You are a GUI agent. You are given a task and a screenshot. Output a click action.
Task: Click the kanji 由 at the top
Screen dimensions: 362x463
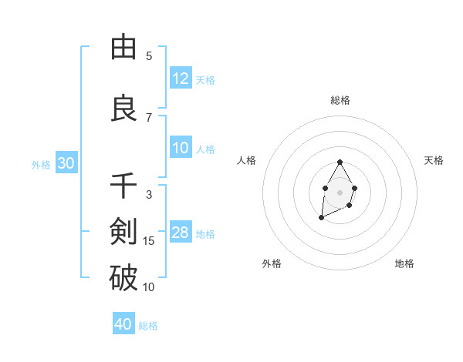click(x=123, y=47)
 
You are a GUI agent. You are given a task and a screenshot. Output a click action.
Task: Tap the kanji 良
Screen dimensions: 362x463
click(x=123, y=108)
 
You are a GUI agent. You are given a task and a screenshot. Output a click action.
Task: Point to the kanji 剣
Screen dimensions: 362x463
click(x=123, y=232)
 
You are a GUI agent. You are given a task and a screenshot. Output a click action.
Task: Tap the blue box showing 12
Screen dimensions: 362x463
click(x=181, y=79)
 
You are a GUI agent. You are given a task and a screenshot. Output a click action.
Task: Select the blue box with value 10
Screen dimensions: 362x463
click(x=181, y=149)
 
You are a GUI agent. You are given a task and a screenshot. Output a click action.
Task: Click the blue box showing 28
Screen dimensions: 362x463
click(x=181, y=233)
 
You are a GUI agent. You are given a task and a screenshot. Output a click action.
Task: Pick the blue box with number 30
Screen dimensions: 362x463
click(x=66, y=164)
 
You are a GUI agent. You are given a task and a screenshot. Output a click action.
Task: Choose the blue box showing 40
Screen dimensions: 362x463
click(x=123, y=324)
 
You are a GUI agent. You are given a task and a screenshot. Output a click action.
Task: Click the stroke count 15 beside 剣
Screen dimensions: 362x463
click(x=149, y=241)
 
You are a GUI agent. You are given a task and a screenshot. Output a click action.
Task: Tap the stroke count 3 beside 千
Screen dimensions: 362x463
click(x=149, y=195)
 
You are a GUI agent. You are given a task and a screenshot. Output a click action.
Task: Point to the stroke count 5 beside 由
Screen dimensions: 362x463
click(x=149, y=56)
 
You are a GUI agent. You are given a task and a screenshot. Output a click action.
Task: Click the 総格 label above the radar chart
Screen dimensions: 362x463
click(x=340, y=100)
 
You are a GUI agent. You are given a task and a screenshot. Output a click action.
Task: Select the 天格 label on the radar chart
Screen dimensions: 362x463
click(x=434, y=160)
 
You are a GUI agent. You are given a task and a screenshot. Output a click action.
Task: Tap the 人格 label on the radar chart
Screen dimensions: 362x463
click(x=246, y=160)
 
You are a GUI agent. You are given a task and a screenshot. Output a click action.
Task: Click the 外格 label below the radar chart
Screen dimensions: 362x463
click(x=272, y=264)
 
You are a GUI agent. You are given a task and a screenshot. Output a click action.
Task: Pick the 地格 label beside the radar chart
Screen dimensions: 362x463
click(x=404, y=264)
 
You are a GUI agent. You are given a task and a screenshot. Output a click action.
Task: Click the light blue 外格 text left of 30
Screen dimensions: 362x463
click(x=41, y=165)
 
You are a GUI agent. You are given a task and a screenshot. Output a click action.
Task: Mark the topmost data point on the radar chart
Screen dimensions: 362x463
click(x=340, y=163)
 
